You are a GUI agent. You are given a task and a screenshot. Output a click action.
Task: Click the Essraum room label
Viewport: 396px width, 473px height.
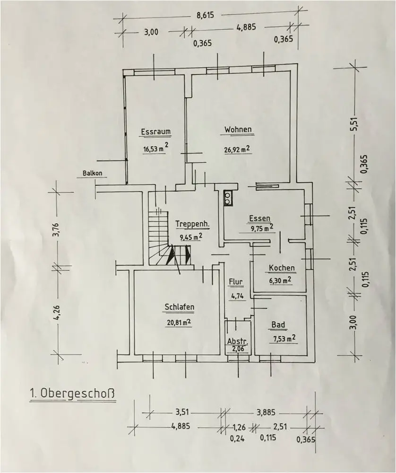(155, 131)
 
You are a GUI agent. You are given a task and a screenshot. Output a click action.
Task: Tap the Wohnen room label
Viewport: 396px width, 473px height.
(238, 129)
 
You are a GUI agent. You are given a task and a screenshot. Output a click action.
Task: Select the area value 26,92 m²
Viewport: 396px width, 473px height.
(237, 150)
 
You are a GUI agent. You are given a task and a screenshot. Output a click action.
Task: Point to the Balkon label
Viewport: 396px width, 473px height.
(92, 173)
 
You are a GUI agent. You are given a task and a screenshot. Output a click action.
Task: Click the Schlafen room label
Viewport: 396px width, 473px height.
(180, 307)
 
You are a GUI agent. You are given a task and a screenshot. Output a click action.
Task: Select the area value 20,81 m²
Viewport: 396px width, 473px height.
(178, 323)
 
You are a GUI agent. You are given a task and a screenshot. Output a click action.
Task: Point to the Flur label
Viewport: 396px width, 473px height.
(236, 282)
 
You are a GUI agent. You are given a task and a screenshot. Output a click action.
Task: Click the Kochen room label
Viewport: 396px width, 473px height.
(282, 268)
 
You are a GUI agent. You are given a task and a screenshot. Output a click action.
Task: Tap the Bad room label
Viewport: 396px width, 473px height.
(278, 325)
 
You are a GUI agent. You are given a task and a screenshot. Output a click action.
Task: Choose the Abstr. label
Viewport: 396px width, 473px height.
(238, 342)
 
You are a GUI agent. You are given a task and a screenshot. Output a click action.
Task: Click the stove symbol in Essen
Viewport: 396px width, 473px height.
(228, 197)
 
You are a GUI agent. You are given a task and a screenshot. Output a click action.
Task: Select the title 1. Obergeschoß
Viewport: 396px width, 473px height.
(72, 393)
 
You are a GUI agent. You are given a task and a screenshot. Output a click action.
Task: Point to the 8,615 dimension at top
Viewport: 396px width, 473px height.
(205, 15)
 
